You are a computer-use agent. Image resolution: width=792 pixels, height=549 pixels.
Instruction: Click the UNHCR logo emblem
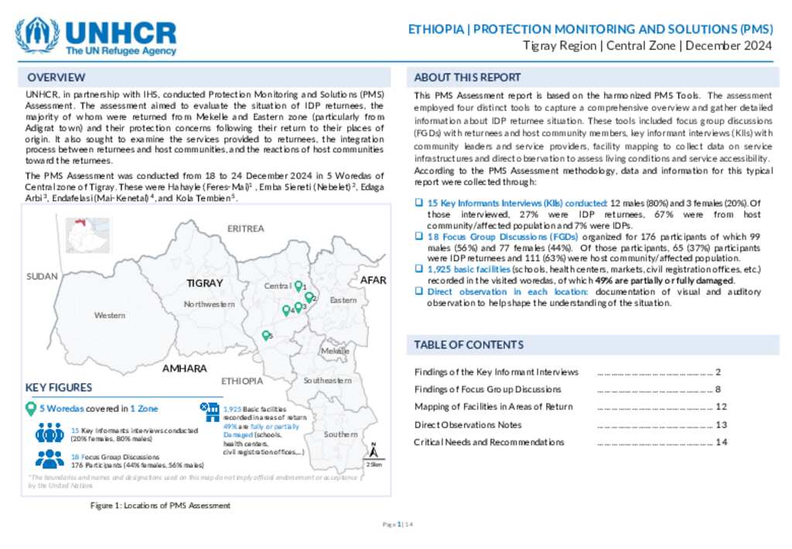pyautogui.click(x=37, y=36)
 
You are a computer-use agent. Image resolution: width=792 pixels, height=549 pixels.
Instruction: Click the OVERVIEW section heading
pyautogui.click(x=56, y=77)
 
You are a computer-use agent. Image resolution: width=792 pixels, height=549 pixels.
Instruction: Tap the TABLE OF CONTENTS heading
pyautogui.click(x=469, y=345)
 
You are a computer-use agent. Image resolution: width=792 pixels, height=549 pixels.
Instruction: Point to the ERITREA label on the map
pyautogui.click(x=245, y=228)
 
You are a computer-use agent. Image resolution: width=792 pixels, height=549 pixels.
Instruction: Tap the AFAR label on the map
pyautogui.click(x=374, y=280)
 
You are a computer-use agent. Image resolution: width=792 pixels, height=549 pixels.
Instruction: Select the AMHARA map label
pyautogui.click(x=184, y=369)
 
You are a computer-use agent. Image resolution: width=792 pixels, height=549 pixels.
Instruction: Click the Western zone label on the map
pyautogui.click(x=110, y=315)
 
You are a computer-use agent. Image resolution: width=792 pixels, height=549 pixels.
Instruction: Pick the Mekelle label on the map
pyautogui.click(x=335, y=351)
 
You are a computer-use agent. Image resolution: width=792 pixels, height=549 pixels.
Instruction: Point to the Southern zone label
pyautogui.click(x=340, y=434)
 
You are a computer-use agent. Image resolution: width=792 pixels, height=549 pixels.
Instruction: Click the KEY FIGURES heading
pyautogui.click(x=59, y=387)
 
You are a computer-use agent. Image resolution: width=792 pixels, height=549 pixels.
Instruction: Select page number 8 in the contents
pyautogui.click(x=718, y=389)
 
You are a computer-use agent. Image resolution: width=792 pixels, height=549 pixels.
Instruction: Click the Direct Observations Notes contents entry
pyautogui.click(x=468, y=424)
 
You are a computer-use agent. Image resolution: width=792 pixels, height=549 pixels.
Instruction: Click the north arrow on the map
pyautogui.click(x=374, y=450)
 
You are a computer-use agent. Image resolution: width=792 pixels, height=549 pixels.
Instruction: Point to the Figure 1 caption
pyautogui.click(x=160, y=506)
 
